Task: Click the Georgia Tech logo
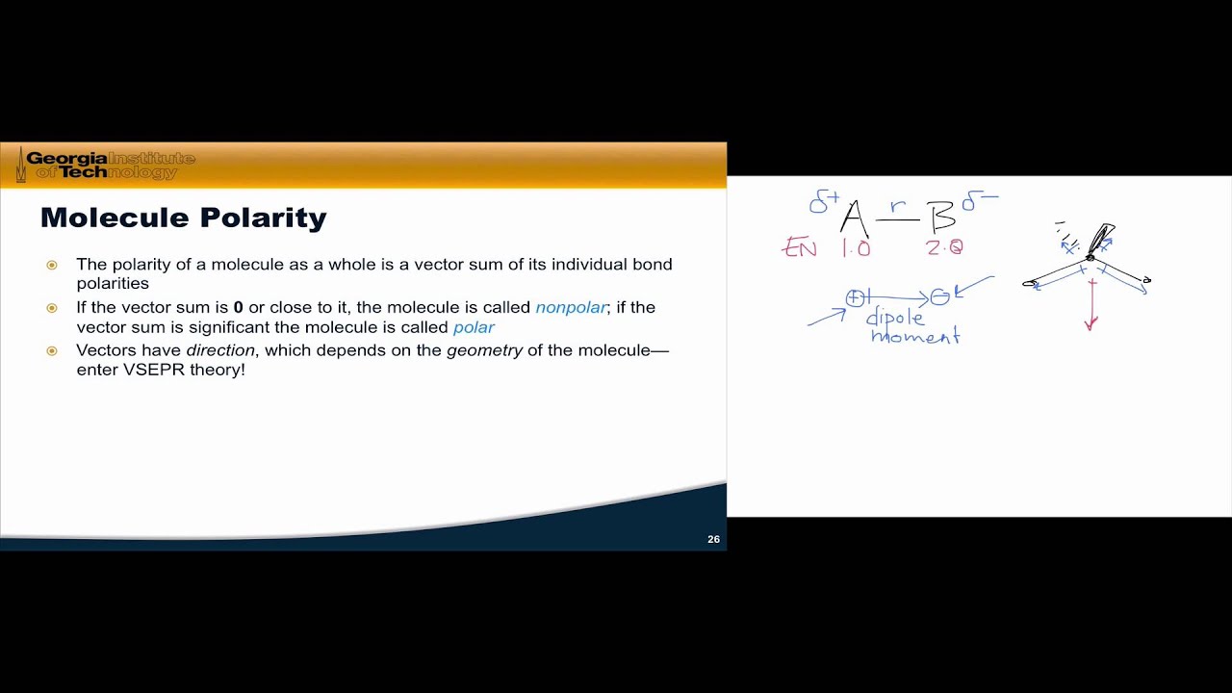coord(106,165)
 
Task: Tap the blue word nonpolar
coord(571,307)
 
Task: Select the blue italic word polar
coord(474,327)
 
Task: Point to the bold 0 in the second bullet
coord(238,307)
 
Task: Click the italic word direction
coord(220,350)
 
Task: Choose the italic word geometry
coord(484,350)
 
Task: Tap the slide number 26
coord(713,539)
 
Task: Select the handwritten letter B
coord(940,219)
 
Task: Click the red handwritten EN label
coord(800,248)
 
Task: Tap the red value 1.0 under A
coord(855,248)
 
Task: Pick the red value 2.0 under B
coord(943,247)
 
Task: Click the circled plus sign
coord(854,298)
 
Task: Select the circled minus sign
coord(939,298)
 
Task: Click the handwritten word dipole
coord(895,319)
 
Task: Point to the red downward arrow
coord(1091,308)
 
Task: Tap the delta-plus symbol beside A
coord(823,202)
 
